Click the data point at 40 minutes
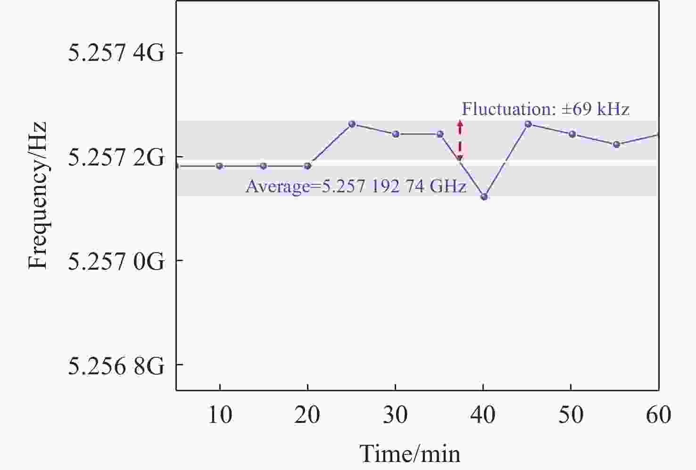(484, 197)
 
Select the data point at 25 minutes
(352, 124)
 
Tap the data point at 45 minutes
(528, 124)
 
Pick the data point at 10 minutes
(219, 166)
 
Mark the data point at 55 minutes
(616, 144)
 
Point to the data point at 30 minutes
(396, 134)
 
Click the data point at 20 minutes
(307, 166)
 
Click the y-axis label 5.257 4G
(116, 53)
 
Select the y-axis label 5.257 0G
(116, 261)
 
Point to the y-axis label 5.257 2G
(116, 157)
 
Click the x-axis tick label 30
(396, 415)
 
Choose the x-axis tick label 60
(658, 415)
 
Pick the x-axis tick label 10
(219, 415)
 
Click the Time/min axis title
(410, 454)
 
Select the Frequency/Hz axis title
(38, 196)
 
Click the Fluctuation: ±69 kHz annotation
(545, 109)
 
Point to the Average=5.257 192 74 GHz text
(356, 187)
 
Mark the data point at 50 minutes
(572, 134)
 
